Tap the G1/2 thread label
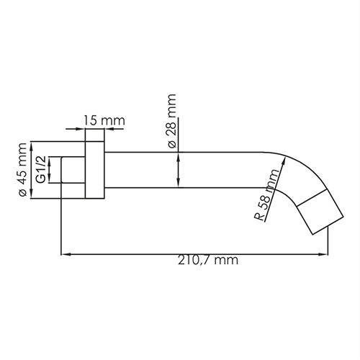(x=41, y=169)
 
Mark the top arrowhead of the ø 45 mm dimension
(x=32, y=143)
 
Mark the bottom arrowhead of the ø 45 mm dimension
(x=32, y=196)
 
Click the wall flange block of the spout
(x=94, y=169)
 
